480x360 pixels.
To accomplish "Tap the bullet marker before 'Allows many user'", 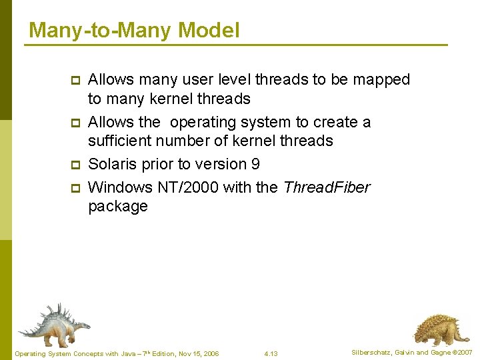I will tap(75, 81).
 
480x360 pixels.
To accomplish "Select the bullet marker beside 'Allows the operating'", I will tap(75, 123).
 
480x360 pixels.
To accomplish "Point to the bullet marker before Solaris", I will tap(75, 165).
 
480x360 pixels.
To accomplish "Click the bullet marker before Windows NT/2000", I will tap(75, 188).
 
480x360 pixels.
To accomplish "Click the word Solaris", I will tap(110, 164).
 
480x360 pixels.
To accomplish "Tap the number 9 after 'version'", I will tap(255, 164).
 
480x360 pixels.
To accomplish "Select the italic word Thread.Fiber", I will tap(326, 187).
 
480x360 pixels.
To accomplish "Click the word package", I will tap(117, 207).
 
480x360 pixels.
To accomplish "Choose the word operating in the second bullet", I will tap(203, 123).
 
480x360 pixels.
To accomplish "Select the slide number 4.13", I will tap(271, 353).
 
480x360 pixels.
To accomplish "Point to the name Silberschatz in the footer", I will tap(372, 352).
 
